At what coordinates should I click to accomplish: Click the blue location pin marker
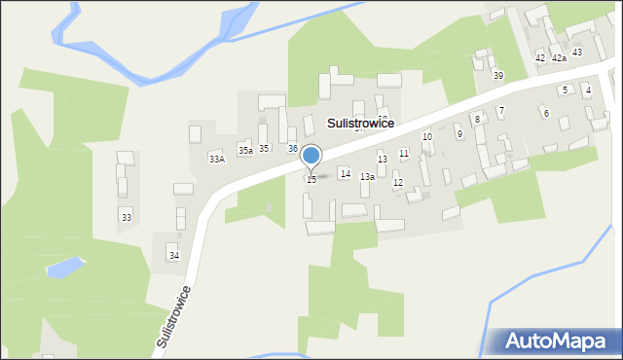tap(311, 156)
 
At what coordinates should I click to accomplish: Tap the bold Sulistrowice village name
tap(361, 124)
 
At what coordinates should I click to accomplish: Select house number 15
tap(311, 179)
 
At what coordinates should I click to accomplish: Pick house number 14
tap(345, 173)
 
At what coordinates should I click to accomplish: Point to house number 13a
tap(367, 177)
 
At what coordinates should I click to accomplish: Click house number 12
tap(397, 183)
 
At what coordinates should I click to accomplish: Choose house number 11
tap(403, 154)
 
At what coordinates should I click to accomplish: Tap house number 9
tap(458, 134)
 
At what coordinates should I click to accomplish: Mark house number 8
tap(477, 119)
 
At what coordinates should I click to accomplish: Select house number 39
tap(497, 75)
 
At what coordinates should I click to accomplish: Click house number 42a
tap(559, 58)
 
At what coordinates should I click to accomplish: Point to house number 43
tap(577, 52)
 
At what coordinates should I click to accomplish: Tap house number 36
tap(292, 148)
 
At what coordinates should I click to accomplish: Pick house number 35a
tap(245, 151)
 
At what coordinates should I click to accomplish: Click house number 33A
tap(216, 159)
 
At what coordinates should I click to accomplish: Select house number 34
tap(173, 255)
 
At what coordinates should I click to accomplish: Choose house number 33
tap(126, 217)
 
